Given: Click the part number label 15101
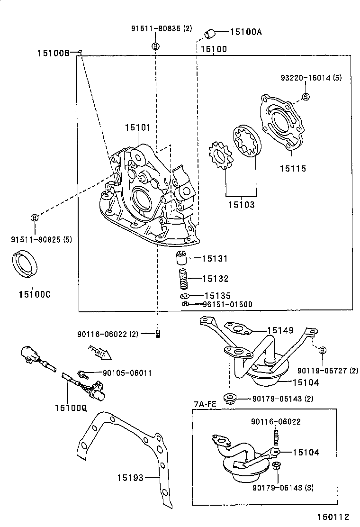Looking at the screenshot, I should tap(138, 127).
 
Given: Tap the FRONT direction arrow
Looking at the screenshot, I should tap(99, 352).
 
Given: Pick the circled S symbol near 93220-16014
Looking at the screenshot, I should tap(306, 97).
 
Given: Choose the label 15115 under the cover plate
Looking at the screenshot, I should tap(292, 168).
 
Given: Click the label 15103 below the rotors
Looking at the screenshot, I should tap(241, 205).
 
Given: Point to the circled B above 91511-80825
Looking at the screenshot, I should tap(35, 218).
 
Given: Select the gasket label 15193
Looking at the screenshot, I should tap(130, 478).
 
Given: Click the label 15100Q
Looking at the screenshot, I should tap(71, 407).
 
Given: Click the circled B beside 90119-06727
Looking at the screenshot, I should tap(322, 350).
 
